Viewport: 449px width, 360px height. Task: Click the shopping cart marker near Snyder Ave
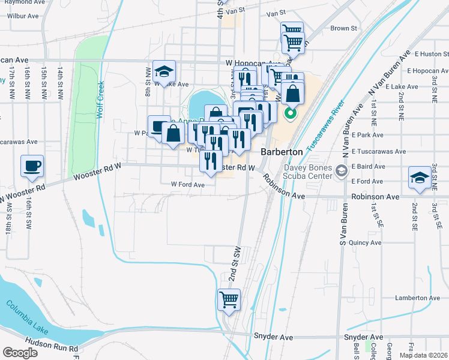pyautogui.click(x=229, y=299)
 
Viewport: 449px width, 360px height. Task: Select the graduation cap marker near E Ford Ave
pyautogui.click(x=420, y=177)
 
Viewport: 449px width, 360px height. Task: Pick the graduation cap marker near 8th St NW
pyautogui.click(x=164, y=71)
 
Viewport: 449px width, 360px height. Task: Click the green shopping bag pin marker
pyautogui.click(x=291, y=112)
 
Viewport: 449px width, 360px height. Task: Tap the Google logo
pyautogui.click(x=20, y=352)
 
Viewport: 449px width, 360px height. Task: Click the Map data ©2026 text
pyautogui.click(x=423, y=355)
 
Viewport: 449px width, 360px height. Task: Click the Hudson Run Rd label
pyautogui.click(x=58, y=349)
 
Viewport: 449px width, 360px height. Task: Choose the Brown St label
pyautogui.click(x=343, y=28)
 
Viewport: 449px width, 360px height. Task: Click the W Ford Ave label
pyautogui.click(x=188, y=185)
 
